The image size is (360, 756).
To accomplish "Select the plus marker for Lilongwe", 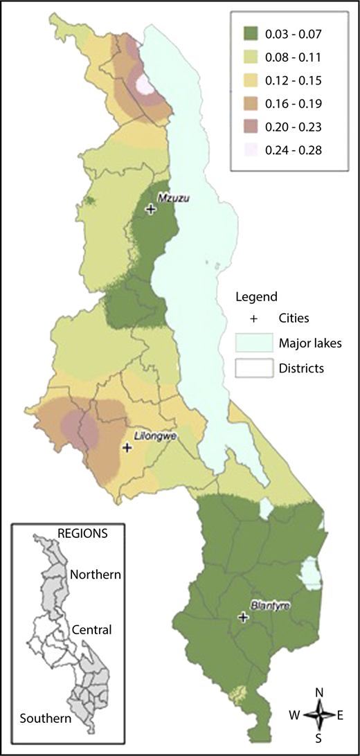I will point(127,448).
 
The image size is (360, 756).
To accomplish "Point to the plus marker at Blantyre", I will point(243,616).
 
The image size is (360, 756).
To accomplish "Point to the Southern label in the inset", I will point(46,718).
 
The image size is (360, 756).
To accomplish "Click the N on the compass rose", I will point(319,692).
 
